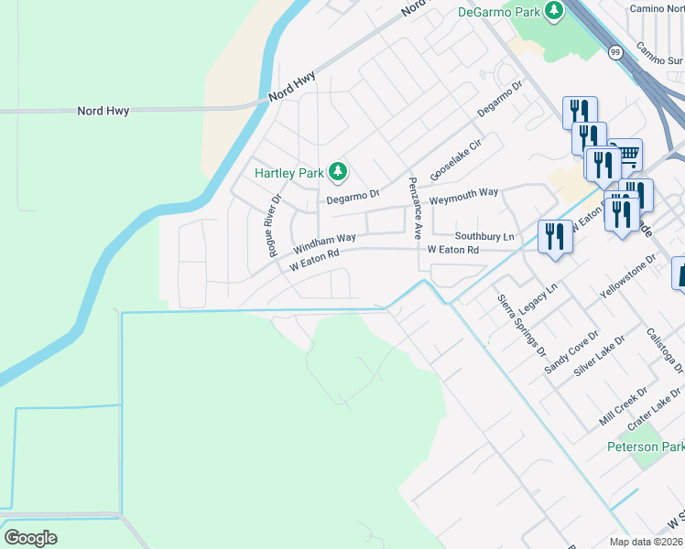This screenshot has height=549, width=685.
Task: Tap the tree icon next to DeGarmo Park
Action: tap(553, 11)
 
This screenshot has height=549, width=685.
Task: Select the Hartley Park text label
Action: tap(290, 172)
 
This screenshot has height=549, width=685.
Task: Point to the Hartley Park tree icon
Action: tap(338, 170)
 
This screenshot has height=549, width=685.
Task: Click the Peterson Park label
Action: tap(646, 447)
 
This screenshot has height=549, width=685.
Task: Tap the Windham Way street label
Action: tap(324, 243)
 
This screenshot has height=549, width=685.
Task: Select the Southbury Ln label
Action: tap(485, 236)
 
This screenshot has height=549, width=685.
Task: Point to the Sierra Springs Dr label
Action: tap(520, 325)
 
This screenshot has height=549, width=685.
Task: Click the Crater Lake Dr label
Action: tap(656, 408)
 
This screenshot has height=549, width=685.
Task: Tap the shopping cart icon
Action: tap(626, 154)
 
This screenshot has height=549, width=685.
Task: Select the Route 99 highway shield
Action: tap(615, 53)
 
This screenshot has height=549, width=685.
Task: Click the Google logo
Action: tap(30, 538)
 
